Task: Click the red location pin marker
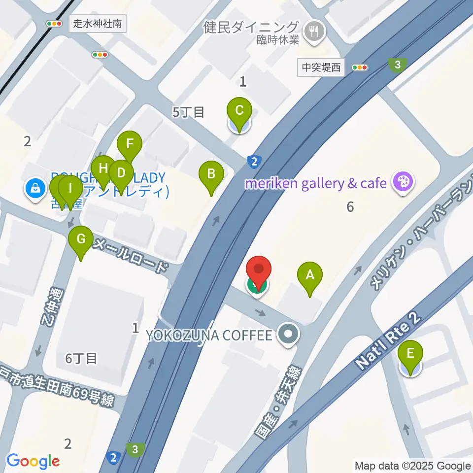pos(259,271)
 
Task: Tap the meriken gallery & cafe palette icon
pos(403,183)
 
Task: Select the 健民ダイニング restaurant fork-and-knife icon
pos(313,32)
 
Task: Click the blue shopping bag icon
pos(35,188)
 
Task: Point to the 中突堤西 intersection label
pos(321,68)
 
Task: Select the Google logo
pos(33,461)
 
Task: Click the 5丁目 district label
pos(188,112)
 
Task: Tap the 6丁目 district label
pos(81,358)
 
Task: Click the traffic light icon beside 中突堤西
pos(360,68)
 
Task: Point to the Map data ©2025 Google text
pos(413,466)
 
